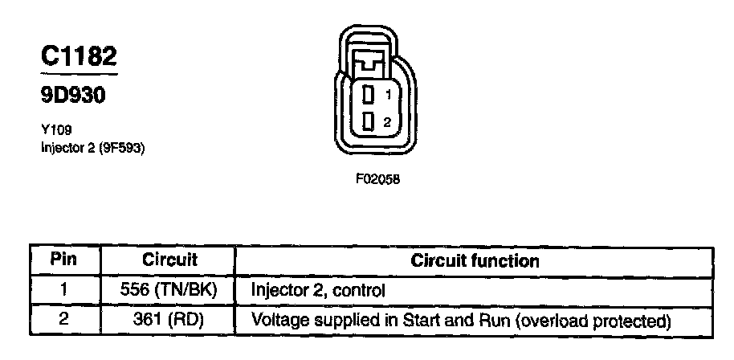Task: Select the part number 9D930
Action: tap(73, 96)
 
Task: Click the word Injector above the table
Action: tap(62, 148)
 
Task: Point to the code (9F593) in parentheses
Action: tap(123, 148)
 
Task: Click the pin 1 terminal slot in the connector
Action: tap(369, 95)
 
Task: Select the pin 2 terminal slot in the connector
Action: tap(369, 121)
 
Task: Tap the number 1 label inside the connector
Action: tap(387, 95)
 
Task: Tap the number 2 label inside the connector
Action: tap(387, 122)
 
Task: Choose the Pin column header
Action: tap(63, 260)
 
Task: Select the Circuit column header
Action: tap(169, 260)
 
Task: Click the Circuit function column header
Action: tap(475, 260)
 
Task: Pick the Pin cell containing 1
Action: tap(63, 289)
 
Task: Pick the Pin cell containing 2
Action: tap(63, 319)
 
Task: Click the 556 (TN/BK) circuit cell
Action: tap(169, 289)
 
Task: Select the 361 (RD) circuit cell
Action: tap(169, 319)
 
